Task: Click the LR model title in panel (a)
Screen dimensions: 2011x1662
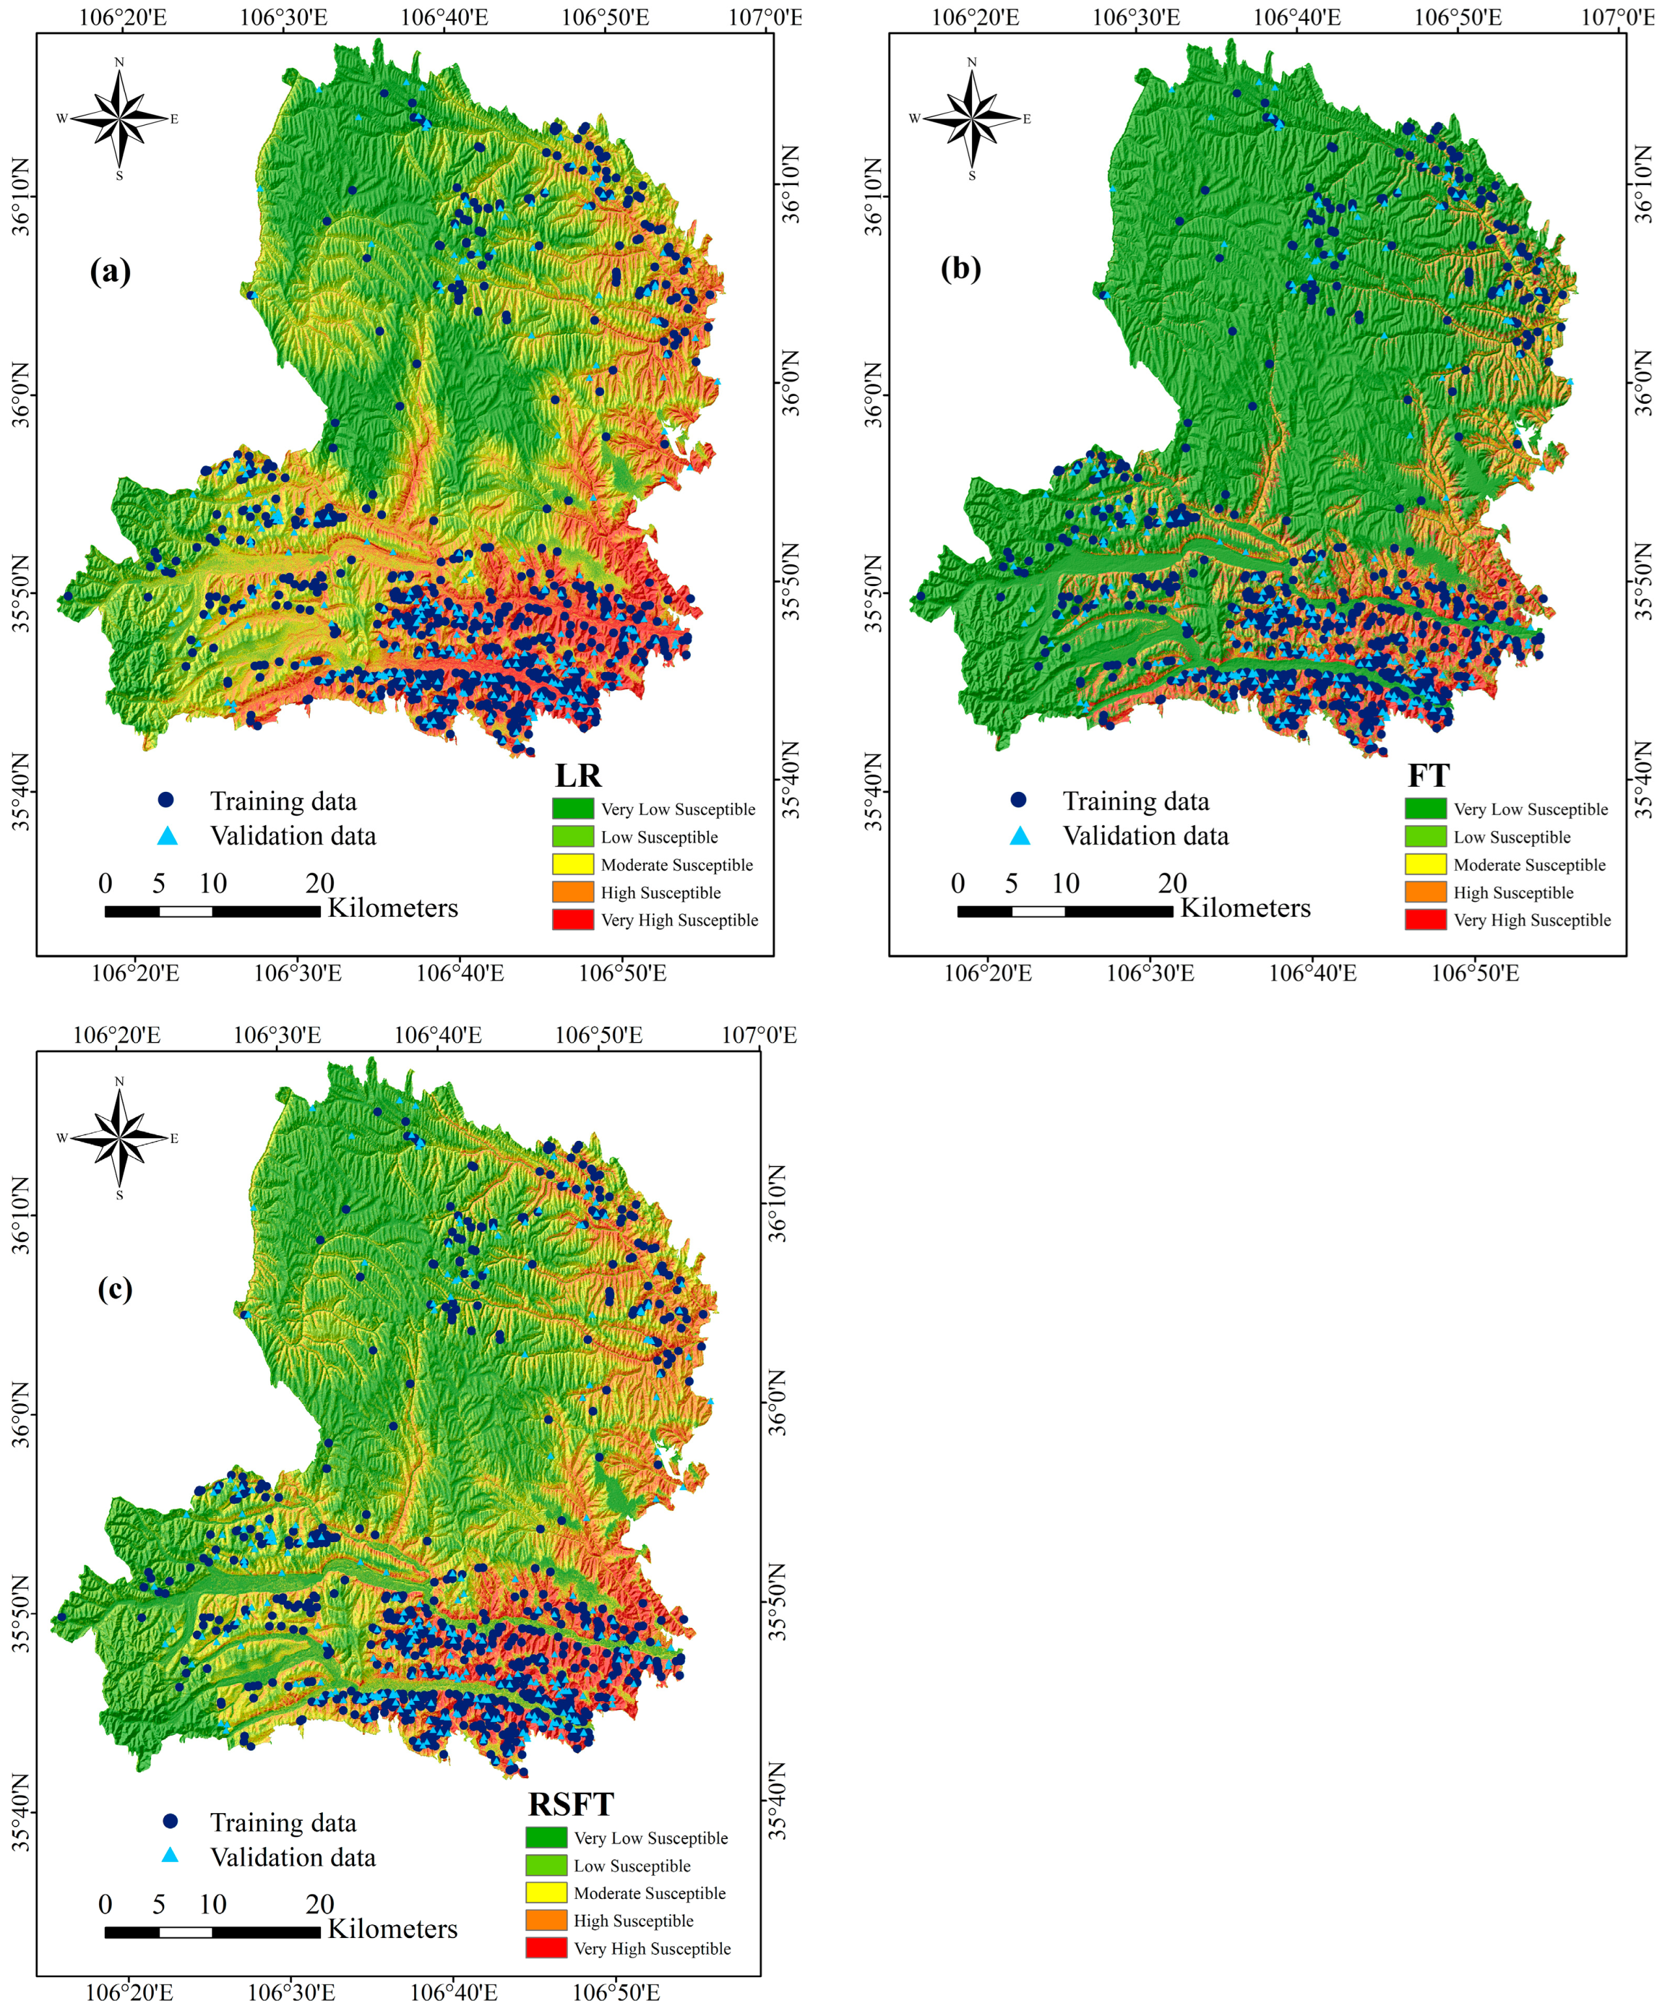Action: (578, 775)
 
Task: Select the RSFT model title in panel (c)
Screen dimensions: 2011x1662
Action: (570, 1804)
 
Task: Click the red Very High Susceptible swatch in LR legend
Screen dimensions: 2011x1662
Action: (572, 920)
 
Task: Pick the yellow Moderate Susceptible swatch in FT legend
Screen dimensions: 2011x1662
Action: (1426, 864)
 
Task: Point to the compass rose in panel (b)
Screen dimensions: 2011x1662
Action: (972, 119)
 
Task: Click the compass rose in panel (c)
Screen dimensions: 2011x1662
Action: (120, 1138)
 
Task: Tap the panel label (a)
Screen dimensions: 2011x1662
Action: (110, 271)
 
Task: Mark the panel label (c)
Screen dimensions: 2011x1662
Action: (115, 1289)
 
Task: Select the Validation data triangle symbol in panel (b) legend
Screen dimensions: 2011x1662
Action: (1019, 836)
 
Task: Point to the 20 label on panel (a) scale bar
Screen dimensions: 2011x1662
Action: (320, 883)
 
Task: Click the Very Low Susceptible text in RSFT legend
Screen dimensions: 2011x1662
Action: (651, 1838)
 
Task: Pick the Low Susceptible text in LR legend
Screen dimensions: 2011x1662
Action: (659, 837)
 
